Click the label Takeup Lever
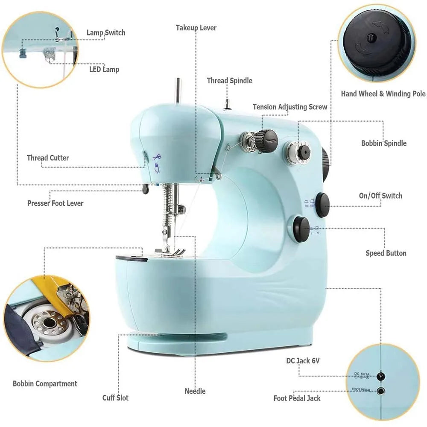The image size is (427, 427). coord(196,28)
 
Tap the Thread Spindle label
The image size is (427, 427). coord(230,81)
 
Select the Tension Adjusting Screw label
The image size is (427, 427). coord(290,107)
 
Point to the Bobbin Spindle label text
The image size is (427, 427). coord(384,143)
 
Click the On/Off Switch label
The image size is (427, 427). coord(380,196)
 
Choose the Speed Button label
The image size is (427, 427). coord(386,253)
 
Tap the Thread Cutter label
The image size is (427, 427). coord(48,158)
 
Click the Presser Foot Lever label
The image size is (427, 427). coord(55,203)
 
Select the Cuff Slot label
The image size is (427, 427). coord(115,398)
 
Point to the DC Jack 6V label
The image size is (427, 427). coord(303,361)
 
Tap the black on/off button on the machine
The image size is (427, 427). coord(323,205)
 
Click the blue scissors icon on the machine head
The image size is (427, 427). coord(157,158)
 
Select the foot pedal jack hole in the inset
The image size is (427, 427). coord(380,391)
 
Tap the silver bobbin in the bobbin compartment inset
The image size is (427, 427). coord(49,323)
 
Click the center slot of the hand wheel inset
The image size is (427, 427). coord(371,38)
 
